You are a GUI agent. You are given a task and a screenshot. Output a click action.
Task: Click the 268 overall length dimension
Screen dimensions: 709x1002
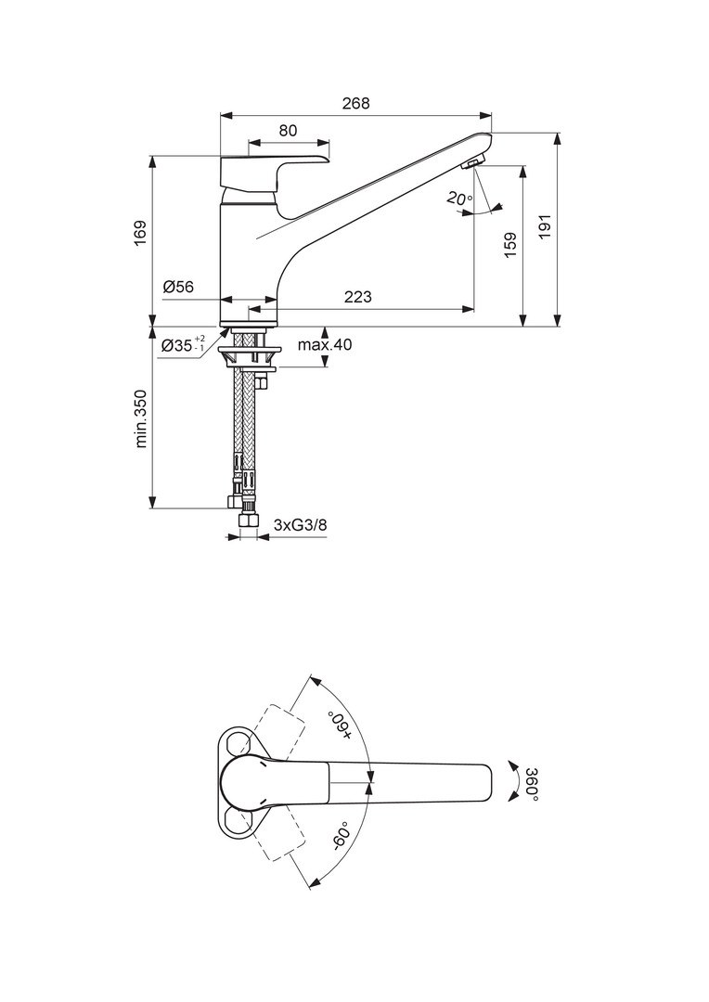click(x=356, y=103)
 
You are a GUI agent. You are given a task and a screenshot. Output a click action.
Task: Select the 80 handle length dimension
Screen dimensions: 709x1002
click(x=289, y=131)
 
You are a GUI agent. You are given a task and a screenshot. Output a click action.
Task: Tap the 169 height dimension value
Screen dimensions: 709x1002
click(x=141, y=233)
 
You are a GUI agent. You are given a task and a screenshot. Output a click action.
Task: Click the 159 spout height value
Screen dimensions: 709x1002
click(x=510, y=245)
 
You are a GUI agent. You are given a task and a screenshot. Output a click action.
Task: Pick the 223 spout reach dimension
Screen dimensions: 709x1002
click(x=358, y=297)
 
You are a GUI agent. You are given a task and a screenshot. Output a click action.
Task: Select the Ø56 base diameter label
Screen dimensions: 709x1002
click(x=178, y=287)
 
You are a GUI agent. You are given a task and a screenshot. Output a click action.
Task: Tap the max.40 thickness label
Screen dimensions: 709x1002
click(x=325, y=345)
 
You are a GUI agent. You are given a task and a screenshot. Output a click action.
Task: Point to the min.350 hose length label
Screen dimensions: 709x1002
click(x=141, y=418)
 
